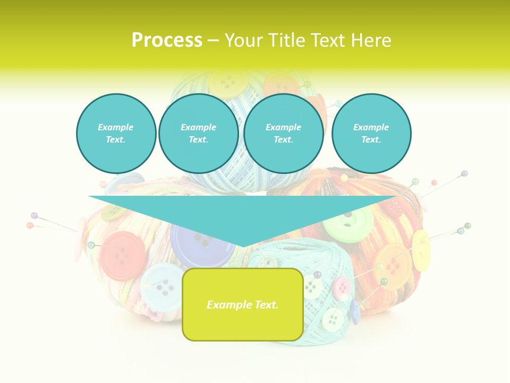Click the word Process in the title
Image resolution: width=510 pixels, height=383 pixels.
pyautogui.click(x=167, y=40)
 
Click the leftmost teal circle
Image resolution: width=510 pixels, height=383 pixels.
pyautogui.click(x=116, y=134)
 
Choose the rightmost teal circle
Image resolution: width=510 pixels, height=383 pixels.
pyautogui.click(x=371, y=134)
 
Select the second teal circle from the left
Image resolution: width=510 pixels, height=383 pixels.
pyautogui.click(x=198, y=134)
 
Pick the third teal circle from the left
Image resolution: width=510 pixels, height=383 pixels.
pyautogui.click(x=283, y=134)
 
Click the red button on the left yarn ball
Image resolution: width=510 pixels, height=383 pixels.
pyautogui.click(x=123, y=256)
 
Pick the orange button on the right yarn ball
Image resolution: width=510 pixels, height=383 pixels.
pyautogui.click(x=392, y=266)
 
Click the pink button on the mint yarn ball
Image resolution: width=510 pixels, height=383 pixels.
pyautogui.click(x=342, y=288)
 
